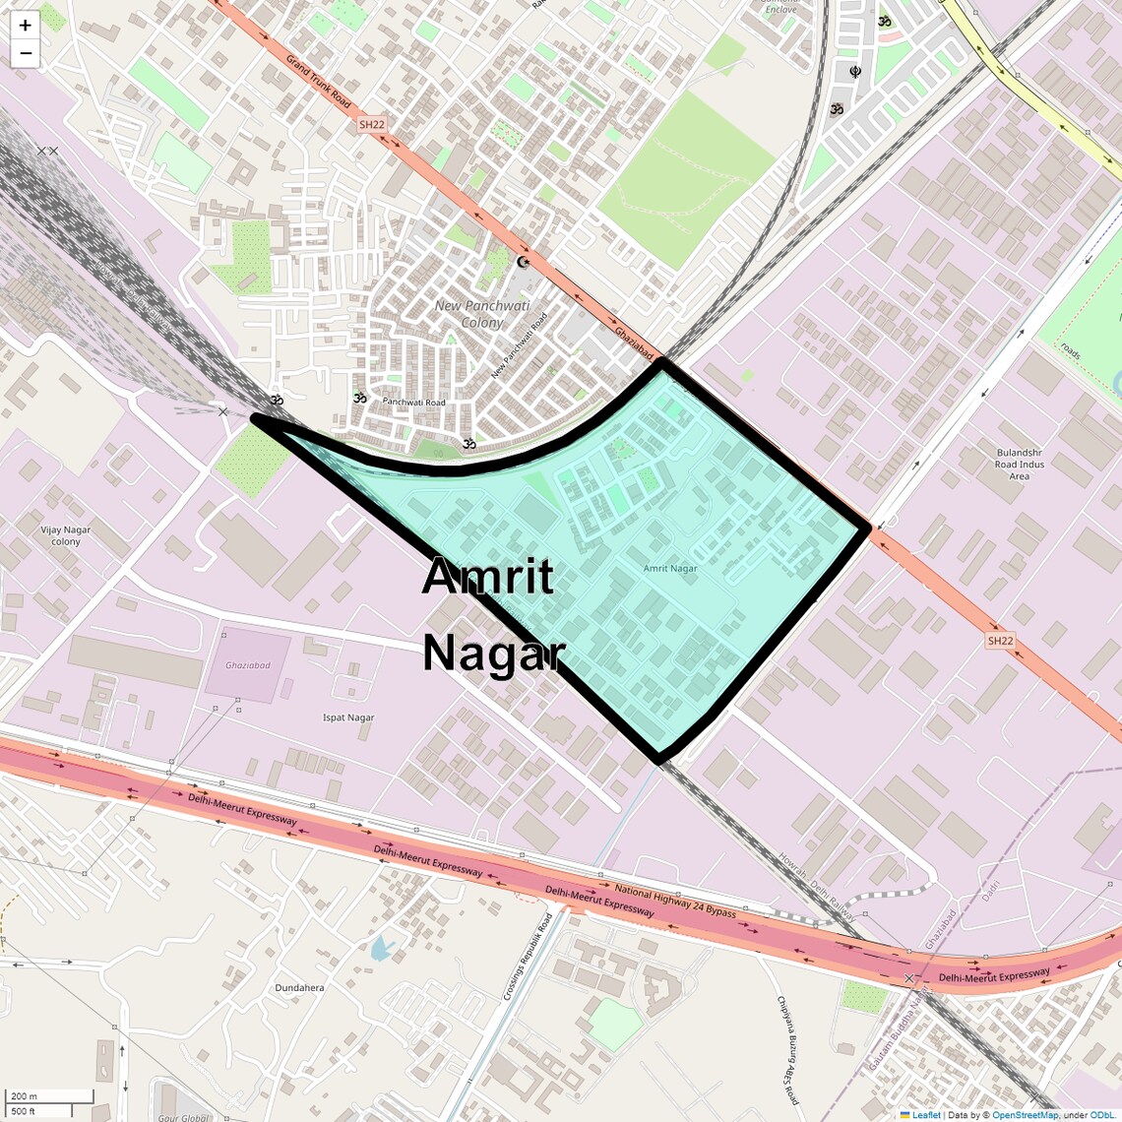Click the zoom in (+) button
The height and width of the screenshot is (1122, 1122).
pyautogui.click(x=25, y=26)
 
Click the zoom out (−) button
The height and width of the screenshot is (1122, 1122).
pyautogui.click(x=25, y=53)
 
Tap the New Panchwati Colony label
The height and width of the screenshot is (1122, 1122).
pyautogui.click(x=482, y=314)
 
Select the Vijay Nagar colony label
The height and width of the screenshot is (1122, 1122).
pyautogui.click(x=66, y=535)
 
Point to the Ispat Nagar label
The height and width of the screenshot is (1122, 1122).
pyautogui.click(x=348, y=717)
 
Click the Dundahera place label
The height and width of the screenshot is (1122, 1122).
pyautogui.click(x=299, y=987)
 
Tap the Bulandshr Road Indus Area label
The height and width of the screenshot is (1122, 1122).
pyautogui.click(x=1019, y=465)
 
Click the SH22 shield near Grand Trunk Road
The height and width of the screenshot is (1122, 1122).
pyautogui.click(x=371, y=125)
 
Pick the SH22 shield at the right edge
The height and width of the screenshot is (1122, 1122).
pyautogui.click(x=1000, y=641)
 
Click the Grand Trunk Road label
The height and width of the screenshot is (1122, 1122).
pyautogui.click(x=318, y=81)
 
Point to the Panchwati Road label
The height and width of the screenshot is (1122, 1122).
pyautogui.click(x=413, y=403)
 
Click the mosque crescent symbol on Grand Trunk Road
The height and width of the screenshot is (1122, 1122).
pyautogui.click(x=523, y=262)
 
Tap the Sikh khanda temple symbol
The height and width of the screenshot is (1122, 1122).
pyautogui.click(x=855, y=72)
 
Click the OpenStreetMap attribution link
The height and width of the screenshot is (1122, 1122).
pyautogui.click(x=1024, y=1115)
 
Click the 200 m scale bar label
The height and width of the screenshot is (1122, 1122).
pyautogui.click(x=25, y=1096)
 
